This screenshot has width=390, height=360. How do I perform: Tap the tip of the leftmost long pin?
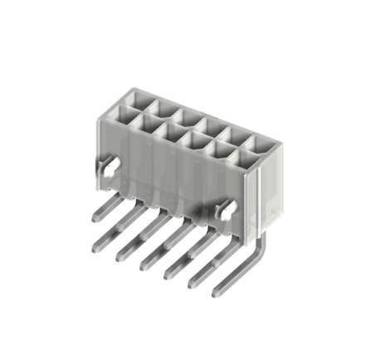click(93, 246)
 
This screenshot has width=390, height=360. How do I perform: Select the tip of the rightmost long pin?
click(217, 293)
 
